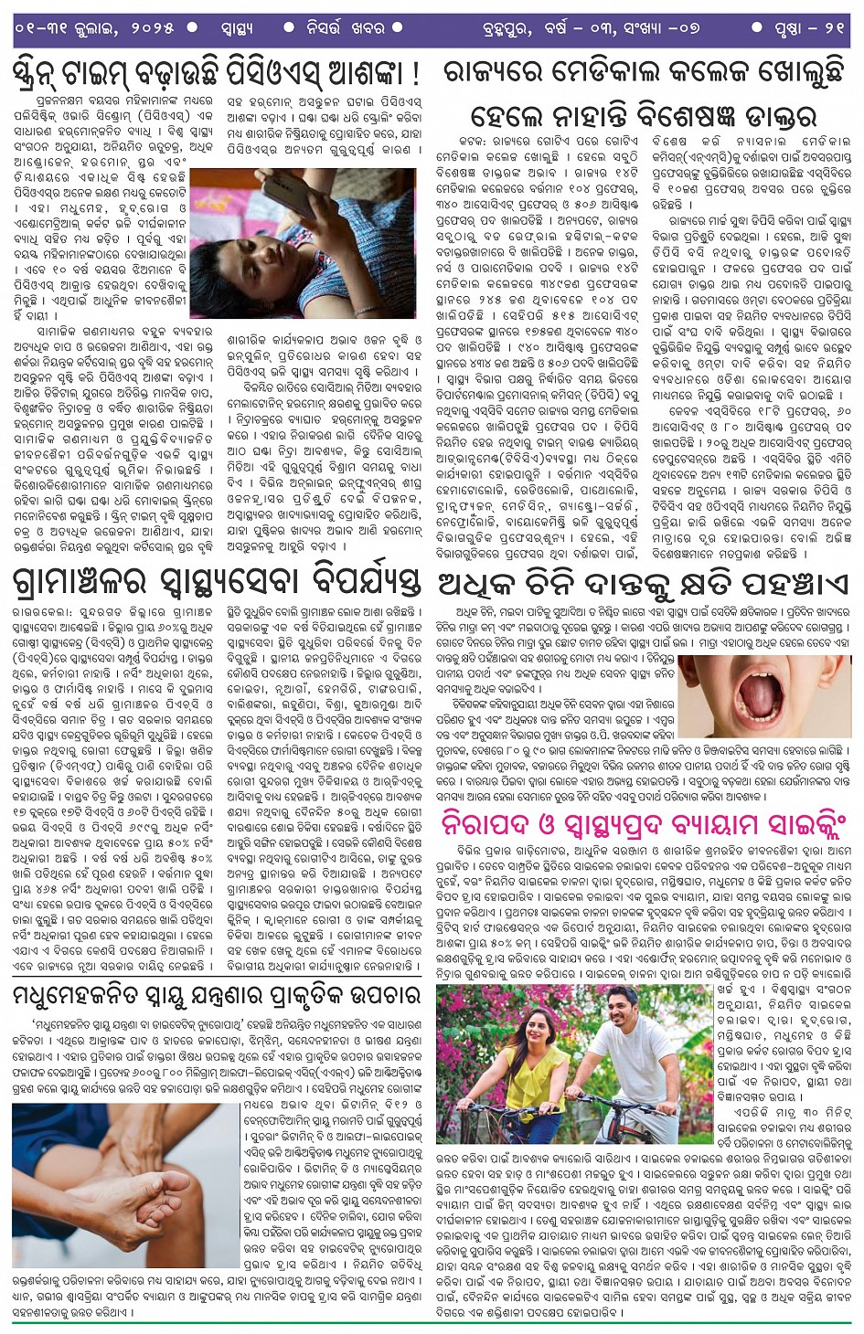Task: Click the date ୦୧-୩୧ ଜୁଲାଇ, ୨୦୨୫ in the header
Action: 95,28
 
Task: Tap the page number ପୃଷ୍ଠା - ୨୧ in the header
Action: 808,28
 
